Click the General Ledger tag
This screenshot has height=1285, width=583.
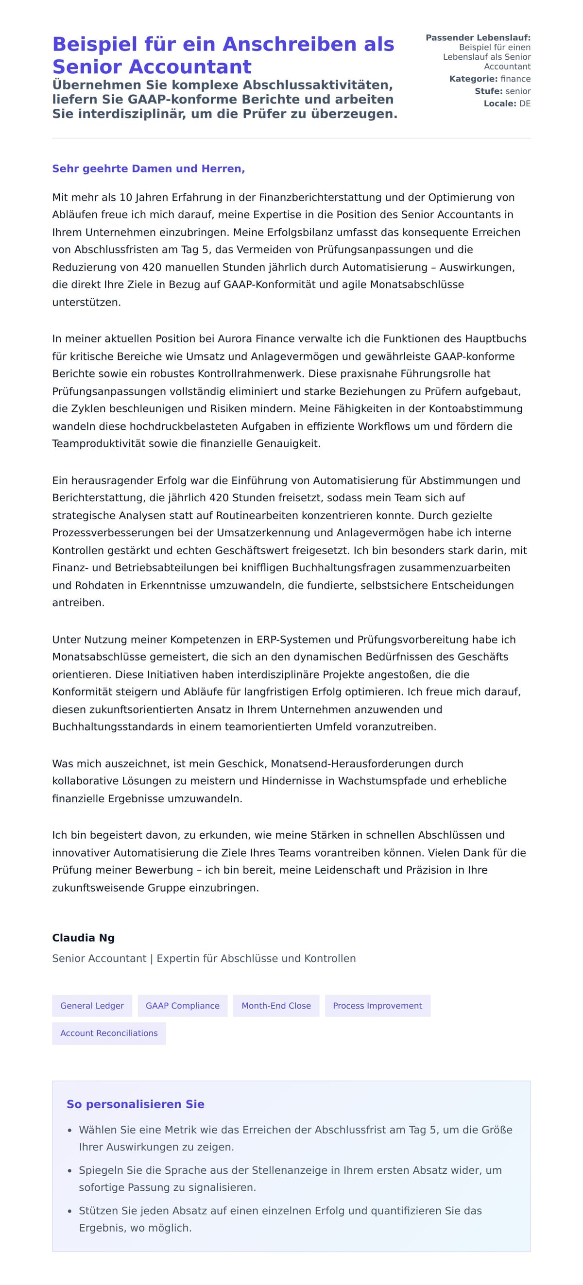pyautogui.click(x=92, y=1006)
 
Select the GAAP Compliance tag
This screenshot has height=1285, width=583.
pyautogui.click(x=182, y=1006)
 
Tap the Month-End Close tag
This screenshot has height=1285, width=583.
pyautogui.click(x=276, y=1006)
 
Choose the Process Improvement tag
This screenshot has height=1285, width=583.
pyautogui.click(x=377, y=1006)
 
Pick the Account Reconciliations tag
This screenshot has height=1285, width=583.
pyautogui.click(x=109, y=1033)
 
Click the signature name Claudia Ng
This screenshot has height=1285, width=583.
pyautogui.click(x=84, y=937)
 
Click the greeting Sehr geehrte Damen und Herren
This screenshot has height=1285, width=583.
pyautogui.click(x=148, y=169)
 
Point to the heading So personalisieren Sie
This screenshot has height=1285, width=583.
pyautogui.click(x=135, y=1104)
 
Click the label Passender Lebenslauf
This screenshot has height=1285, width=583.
pyautogui.click(x=478, y=38)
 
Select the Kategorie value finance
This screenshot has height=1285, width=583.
pyautogui.click(x=515, y=79)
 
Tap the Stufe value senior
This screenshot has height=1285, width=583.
pyautogui.click(x=517, y=91)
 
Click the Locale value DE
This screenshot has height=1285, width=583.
pyautogui.click(x=525, y=104)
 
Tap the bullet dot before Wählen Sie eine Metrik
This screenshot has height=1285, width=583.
pyautogui.click(x=70, y=1131)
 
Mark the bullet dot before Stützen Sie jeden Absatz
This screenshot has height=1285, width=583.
pyautogui.click(x=70, y=1211)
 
